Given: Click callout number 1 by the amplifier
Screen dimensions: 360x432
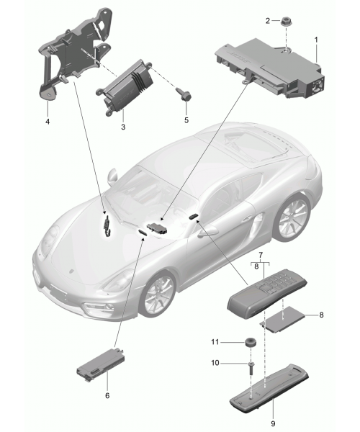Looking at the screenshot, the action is point(316,40).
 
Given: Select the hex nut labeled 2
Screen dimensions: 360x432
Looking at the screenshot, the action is point(285,21).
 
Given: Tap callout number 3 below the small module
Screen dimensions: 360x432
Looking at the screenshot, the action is point(123,127).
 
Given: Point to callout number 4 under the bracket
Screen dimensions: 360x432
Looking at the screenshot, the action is point(48,121).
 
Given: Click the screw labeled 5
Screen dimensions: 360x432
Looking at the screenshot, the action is point(184,95).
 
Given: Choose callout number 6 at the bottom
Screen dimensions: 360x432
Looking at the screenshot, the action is point(107,395).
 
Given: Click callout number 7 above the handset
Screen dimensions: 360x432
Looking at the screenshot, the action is point(261,254).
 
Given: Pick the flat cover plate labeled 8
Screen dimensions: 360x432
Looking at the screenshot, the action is point(283,319).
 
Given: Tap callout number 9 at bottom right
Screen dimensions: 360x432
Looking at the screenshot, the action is point(273,423).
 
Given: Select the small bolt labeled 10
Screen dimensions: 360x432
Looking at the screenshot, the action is point(252,368).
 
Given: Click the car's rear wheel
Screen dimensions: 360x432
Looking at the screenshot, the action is point(292,217).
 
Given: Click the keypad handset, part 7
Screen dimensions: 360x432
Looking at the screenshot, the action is point(266,294).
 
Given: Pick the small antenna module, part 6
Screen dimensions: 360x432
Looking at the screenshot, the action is point(101,364).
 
